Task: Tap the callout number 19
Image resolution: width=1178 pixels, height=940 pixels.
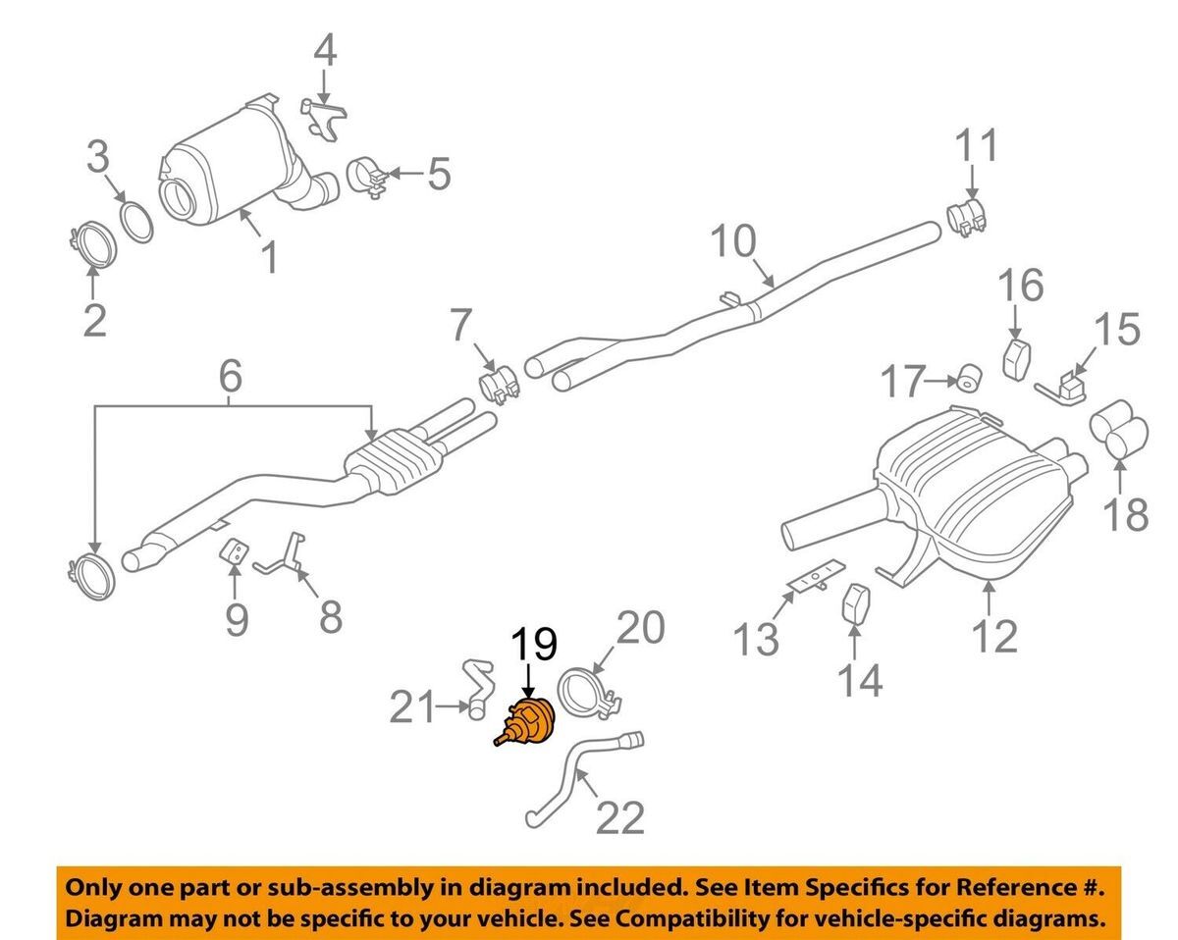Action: pos(531,645)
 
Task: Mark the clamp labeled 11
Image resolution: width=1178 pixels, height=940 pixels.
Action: pos(966,217)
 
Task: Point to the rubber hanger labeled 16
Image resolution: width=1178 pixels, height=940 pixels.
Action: pos(1015,359)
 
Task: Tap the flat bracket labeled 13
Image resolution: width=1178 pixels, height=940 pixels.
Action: pos(814,578)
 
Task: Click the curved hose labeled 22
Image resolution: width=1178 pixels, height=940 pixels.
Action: pos(579,780)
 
